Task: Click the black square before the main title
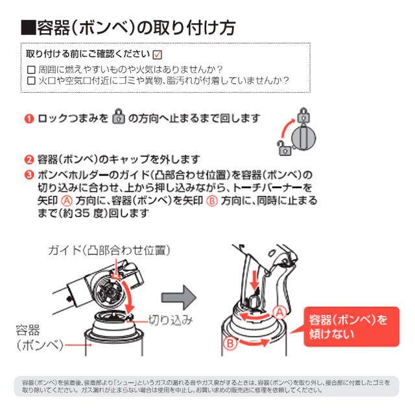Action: [29, 28]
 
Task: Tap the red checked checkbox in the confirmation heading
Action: [157, 54]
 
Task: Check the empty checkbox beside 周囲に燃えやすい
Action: [31, 70]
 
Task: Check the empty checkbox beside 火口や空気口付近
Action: [31, 80]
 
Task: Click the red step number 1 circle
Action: [29, 118]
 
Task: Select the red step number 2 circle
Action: [29, 160]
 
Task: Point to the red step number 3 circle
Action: [29, 174]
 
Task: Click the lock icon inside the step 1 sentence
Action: [118, 116]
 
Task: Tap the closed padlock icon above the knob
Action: [303, 115]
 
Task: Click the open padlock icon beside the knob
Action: [285, 148]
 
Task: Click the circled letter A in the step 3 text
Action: [67, 201]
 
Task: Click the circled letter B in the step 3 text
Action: [212, 201]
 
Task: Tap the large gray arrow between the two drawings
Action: [179, 298]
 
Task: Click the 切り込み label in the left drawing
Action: [171, 320]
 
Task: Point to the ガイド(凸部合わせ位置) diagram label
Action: [109, 250]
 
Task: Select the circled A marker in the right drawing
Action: [280, 313]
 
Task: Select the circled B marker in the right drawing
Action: [230, 343]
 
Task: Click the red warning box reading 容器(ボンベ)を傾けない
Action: [351, 327]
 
